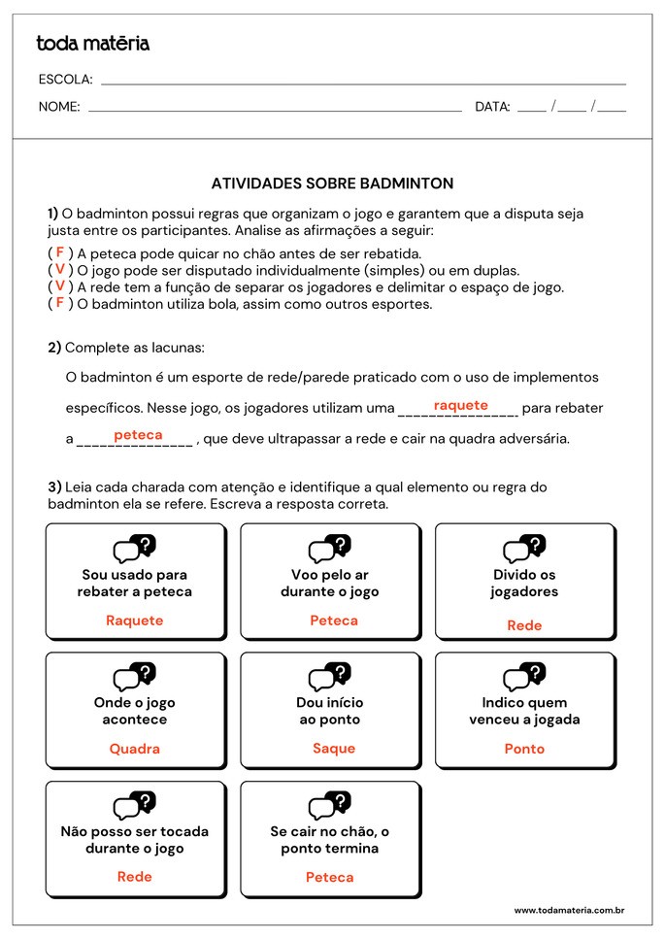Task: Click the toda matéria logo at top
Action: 93,43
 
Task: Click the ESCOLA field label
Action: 65,80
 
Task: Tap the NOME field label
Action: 59,107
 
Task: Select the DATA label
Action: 492,107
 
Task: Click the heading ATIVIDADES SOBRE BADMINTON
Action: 332,183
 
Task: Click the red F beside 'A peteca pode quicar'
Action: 60,252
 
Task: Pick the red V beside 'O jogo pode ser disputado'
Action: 60,269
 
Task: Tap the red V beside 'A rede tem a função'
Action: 60,285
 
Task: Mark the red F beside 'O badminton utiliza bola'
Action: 60,302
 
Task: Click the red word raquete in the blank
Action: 460,405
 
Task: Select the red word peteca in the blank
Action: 138,435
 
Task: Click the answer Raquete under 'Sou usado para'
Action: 135,620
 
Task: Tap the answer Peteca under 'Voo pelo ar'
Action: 334,620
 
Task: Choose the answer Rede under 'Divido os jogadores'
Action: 524,625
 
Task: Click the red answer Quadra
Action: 135,749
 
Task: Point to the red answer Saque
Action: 334,749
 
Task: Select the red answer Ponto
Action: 524,749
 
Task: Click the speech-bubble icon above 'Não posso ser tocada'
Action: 135,805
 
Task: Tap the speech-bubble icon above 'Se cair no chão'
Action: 330,805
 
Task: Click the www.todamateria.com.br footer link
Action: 569,910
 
